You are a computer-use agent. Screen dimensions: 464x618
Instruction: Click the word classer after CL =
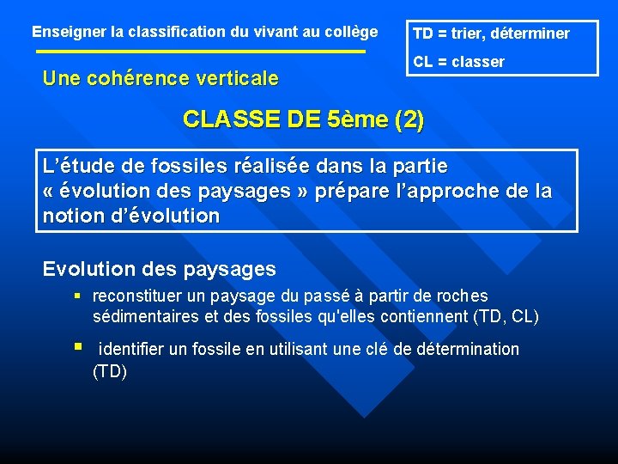(477, 62)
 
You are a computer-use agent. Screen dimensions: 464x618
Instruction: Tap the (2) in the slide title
(408, 119)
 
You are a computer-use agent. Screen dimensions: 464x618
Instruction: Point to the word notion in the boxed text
(73, 216)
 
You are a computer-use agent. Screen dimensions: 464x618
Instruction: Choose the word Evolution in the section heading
(89, 269)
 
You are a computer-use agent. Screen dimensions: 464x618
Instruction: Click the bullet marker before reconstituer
(77, 296)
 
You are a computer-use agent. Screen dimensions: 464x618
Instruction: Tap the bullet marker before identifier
(77, 348)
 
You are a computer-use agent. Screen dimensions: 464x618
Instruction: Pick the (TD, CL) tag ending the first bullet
(506, 317)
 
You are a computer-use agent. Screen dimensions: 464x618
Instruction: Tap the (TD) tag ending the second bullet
(110, 371)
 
